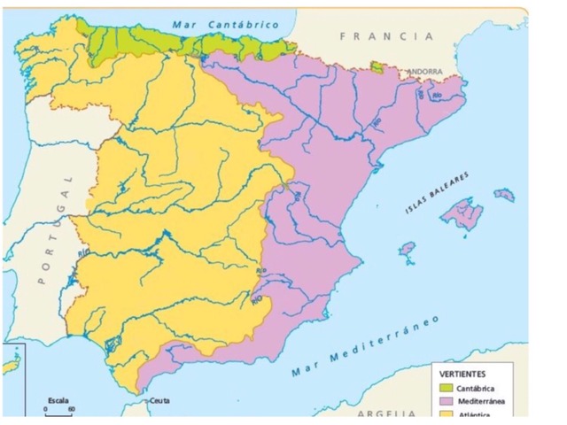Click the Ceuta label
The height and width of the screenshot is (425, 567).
[159, 400]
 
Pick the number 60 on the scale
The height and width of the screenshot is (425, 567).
[71, 409]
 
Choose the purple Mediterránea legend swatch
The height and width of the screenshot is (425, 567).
[446, 402]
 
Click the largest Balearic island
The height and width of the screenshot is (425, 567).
[461, 213]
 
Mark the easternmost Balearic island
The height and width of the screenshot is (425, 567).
[504, 193]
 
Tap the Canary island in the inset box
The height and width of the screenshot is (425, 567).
[11, 366]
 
